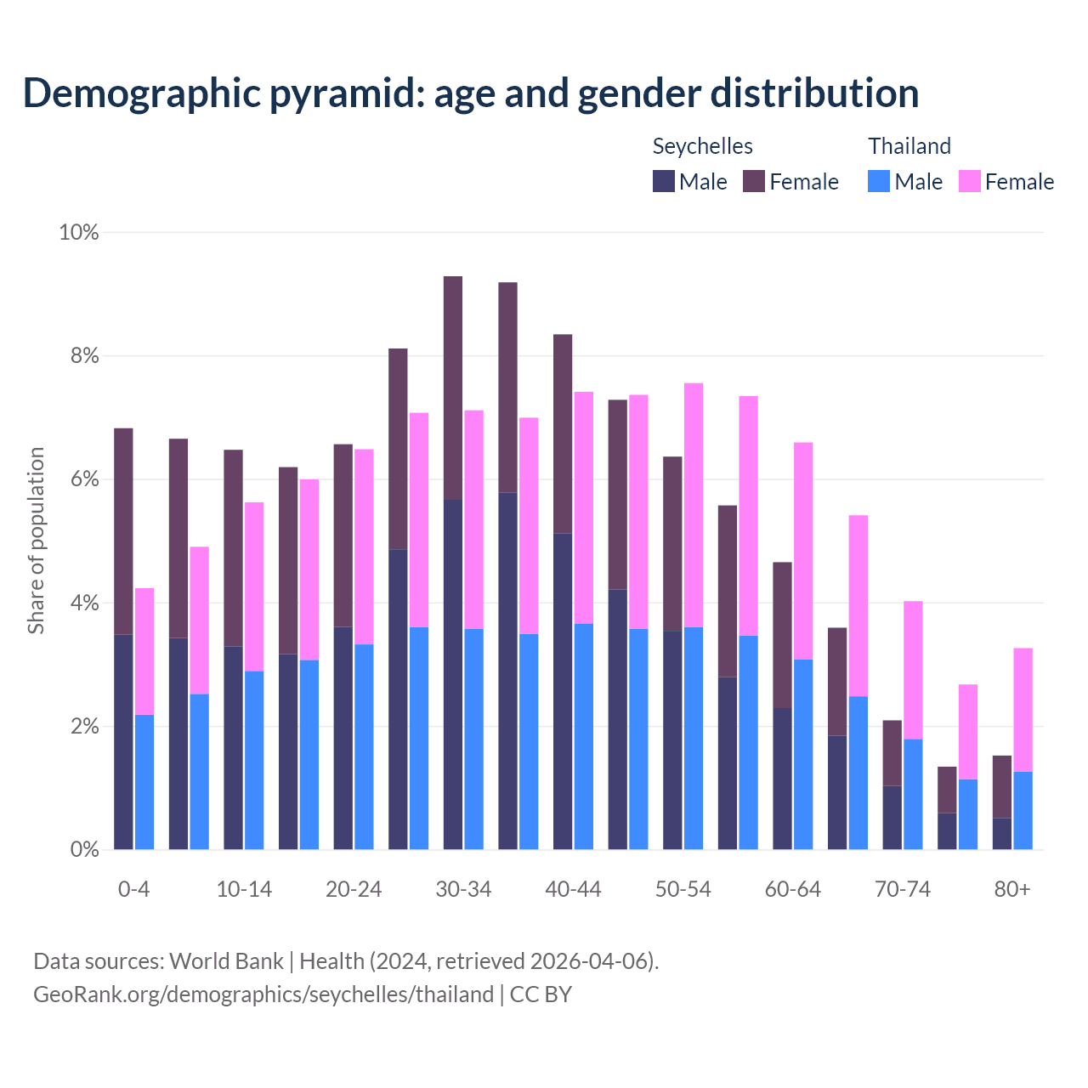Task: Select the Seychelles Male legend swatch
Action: coord(664,181)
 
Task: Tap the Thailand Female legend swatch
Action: coord(970,181)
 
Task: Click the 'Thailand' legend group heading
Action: coord(909,146)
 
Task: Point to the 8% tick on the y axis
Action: coord(79,356)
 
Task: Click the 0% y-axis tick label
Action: coord(79,849)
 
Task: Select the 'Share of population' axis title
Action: coord(36,541)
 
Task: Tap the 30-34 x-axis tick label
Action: coord(463,889)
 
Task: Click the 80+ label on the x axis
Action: coord(1011,889)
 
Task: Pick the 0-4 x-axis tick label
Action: coord(133,889)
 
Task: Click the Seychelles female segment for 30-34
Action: coord(453,388)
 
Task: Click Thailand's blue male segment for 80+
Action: coord(1023,810)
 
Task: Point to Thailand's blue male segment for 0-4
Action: coord(144,782)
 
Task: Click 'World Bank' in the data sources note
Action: coord(226,961)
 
